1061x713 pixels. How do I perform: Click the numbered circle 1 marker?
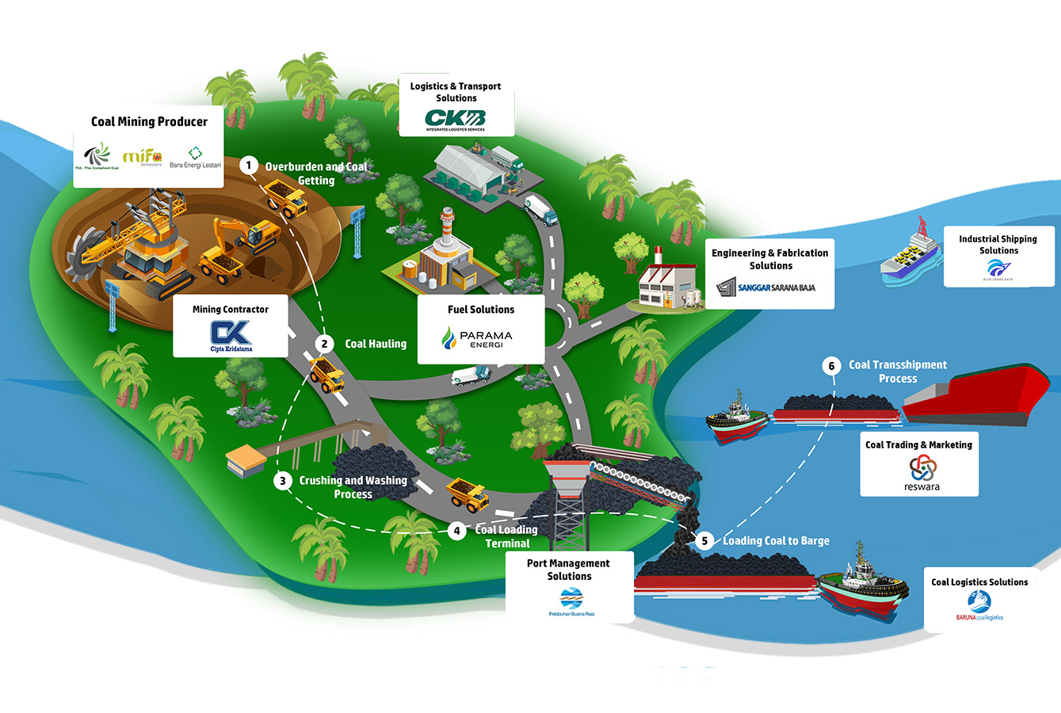click(x=249, y=166)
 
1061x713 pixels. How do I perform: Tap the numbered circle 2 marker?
click(x=323, y=344)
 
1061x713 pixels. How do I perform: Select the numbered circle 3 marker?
click(x=281, y=480)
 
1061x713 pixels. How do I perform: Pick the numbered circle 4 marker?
click(x=456, y=531)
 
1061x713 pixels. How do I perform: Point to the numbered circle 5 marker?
click(x=704, y=541)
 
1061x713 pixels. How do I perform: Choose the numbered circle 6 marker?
click(x=831, y=365)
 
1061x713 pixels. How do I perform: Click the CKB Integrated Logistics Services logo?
click(x=456, y=120)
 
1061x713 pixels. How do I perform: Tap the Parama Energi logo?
click(x=477, y=338)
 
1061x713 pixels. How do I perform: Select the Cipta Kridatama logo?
click(x=231, y=336)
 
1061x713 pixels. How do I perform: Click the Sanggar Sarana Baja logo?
click(x=765, y=288)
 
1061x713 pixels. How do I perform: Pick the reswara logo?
click(x=922, y=473)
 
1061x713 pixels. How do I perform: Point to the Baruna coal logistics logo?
click(x=979, y=609)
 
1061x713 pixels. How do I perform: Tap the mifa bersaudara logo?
click(x=143, y=157)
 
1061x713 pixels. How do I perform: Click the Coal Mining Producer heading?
click(x=149, y=121)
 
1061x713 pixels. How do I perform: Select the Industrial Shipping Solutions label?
click(x=998, y=244)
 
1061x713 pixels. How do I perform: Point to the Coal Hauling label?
click(x=376, y=344)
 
